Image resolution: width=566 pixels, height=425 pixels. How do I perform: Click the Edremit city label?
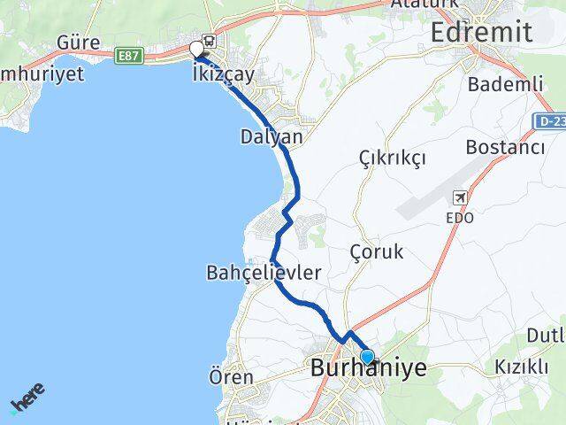(481, 33)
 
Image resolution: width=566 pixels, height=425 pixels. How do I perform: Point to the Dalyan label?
(271, 137)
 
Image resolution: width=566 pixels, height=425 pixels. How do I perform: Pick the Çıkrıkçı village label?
(393, 158)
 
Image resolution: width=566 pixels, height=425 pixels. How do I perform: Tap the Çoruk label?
(376, 251)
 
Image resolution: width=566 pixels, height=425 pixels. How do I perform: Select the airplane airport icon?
(460, 197)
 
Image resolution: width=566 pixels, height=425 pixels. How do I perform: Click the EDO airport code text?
(461, 216)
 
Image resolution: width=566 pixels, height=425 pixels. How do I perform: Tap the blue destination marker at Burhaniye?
(366, 356)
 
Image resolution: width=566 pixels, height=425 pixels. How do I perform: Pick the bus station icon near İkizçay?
(209, 40)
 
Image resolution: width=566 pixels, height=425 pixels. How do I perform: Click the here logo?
(27, 400)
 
